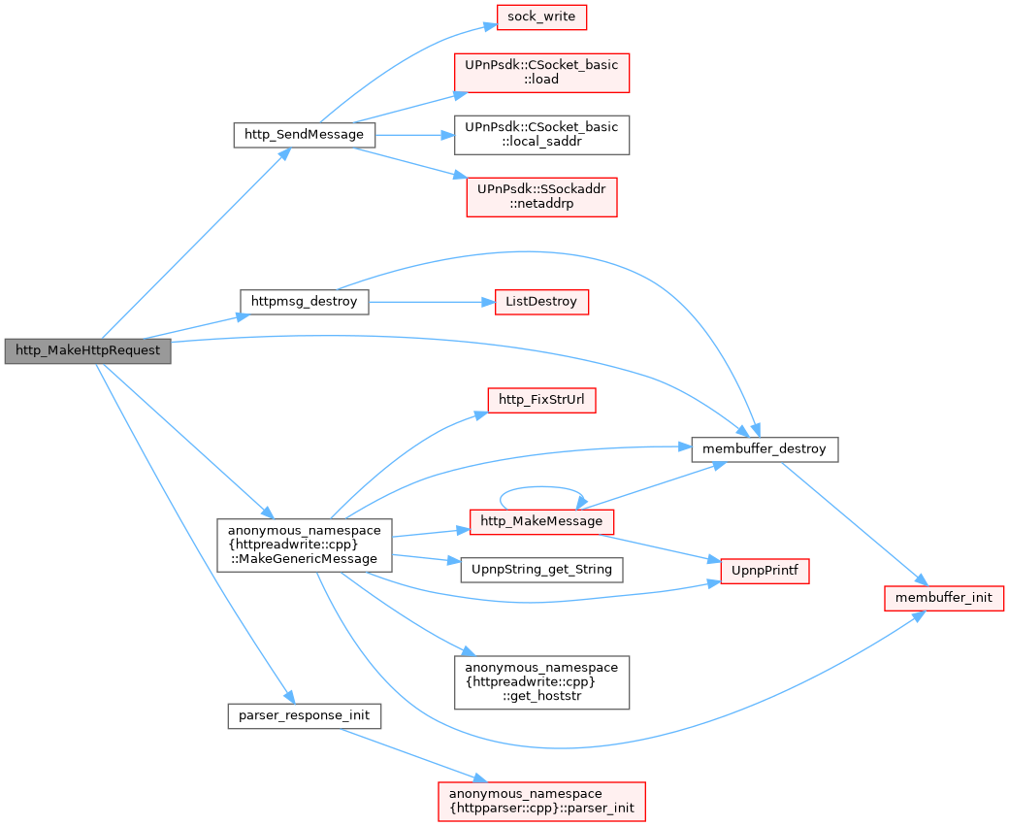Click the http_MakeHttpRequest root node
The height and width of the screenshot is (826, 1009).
(x=87, y=350)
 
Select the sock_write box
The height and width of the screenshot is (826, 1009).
(x=542, y=17)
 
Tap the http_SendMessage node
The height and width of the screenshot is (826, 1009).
(x=304, y=135)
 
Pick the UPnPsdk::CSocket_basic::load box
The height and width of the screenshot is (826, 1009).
(x=541, y=72)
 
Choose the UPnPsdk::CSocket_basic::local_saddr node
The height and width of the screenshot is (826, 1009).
(x=541, y=135)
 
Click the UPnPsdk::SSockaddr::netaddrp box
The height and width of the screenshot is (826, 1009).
(x=541, y=196)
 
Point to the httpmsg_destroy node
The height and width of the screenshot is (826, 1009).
(x=304, y=302)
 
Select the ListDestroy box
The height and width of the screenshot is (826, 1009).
(x=540, y=302)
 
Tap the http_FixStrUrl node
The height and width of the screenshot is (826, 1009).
(x=540, y=399)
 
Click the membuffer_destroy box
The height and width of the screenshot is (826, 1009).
(x=765, y=449)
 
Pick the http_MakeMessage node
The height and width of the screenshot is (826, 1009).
(x=540, y=521)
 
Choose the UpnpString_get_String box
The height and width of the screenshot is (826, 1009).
(x=540, y=569)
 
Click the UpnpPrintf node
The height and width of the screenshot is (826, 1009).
(x=765, y=569)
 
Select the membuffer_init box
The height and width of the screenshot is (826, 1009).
(x=943, y=597)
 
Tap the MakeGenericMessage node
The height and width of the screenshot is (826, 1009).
(x=304, y=545)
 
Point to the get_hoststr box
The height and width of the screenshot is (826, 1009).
(x=541, y=681)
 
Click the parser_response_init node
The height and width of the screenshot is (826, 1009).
(x=304, y=716)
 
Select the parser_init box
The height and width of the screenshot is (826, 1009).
(x=541, y=800)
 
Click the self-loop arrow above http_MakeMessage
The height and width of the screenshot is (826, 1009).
(x=540, y=487)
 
